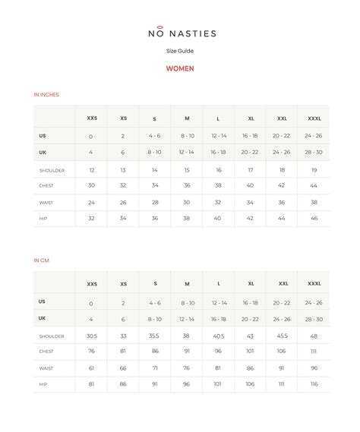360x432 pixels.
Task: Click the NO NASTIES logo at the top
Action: [180, 33]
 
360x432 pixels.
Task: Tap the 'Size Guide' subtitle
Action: [180, 51]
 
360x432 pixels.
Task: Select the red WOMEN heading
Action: [180, 68]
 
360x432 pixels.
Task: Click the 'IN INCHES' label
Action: [46, 95]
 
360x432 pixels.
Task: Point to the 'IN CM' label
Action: [42, 260]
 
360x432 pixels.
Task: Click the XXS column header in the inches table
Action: [92, 118]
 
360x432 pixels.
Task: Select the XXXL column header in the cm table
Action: [314, 284]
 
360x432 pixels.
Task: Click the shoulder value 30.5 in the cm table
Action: [92, 336]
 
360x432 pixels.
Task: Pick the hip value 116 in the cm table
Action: [314, 385]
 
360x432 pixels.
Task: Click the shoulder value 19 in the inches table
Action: [314, 171]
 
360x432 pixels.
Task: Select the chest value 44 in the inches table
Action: [314, 186]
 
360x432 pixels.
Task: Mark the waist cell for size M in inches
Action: [187, 203]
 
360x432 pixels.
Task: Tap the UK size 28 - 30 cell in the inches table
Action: [314, 153]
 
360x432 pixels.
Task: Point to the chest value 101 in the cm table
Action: [250, 352]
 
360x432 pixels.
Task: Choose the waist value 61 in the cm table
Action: [92, 368]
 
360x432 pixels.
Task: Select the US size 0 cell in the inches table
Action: [91, 136]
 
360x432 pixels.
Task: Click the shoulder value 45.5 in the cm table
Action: [282, 336]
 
